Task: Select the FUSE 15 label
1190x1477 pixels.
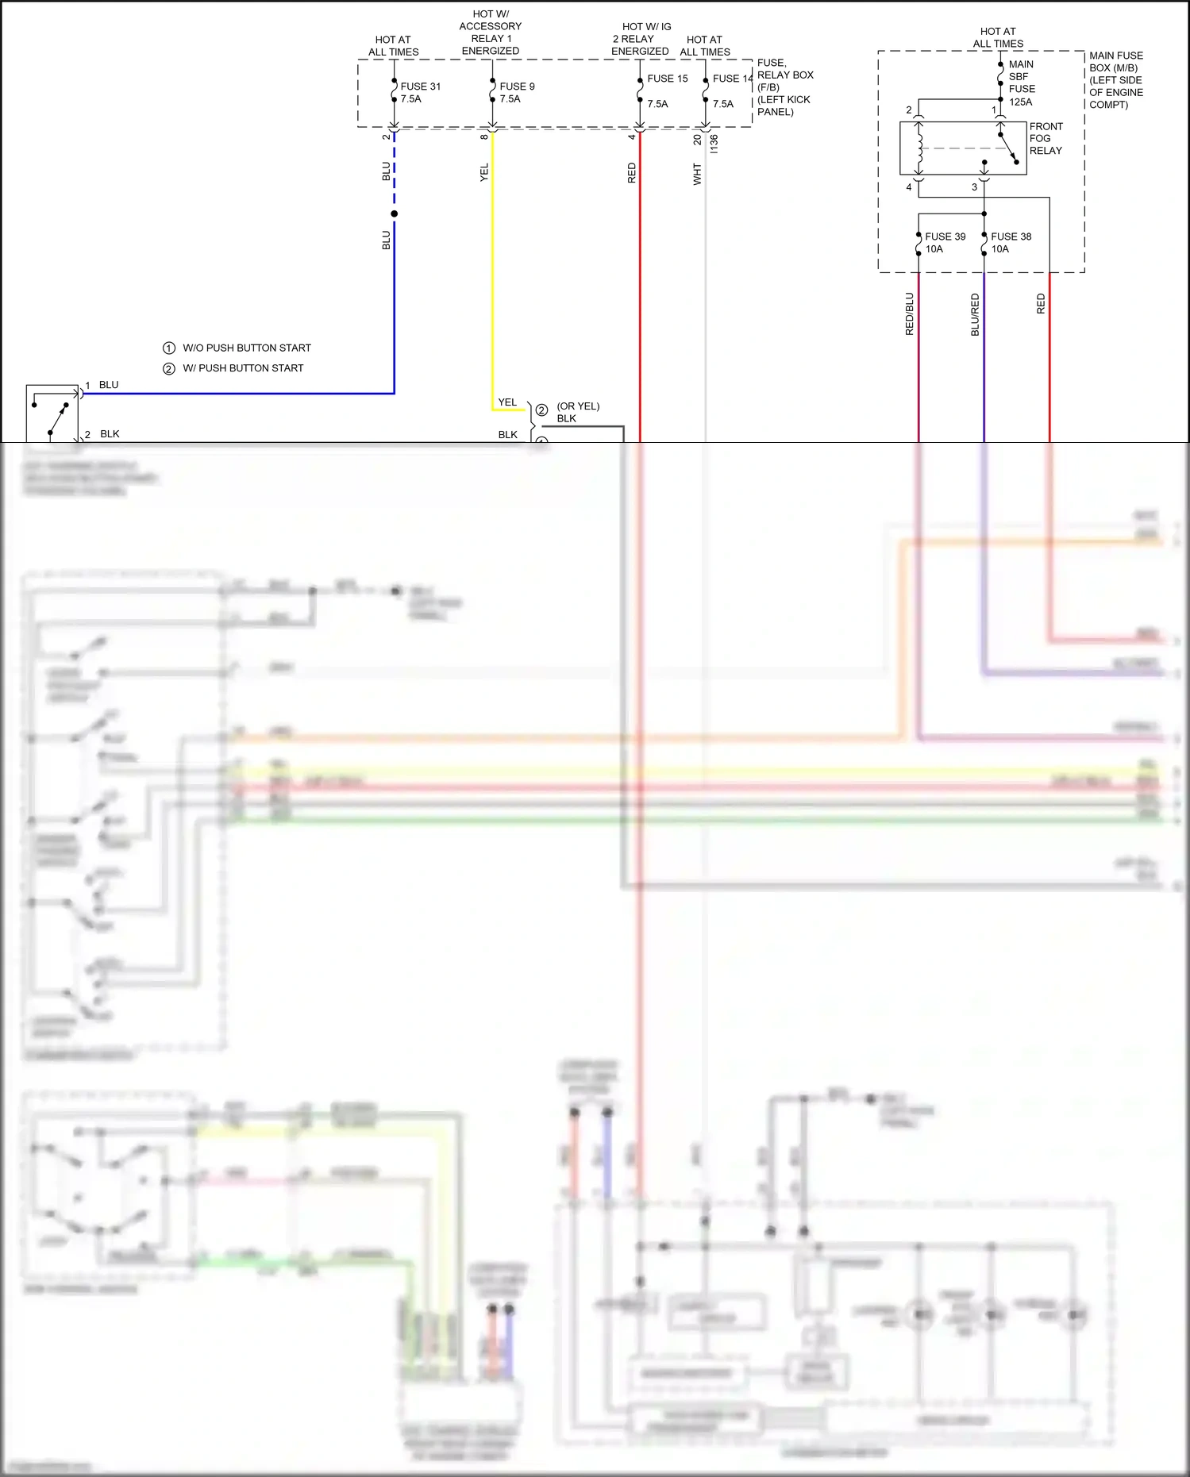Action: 667,79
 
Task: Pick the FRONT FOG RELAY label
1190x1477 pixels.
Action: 1046,138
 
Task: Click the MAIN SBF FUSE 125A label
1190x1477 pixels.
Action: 1022,83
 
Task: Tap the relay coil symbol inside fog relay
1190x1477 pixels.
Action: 919,148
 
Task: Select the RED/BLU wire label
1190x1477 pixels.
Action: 910,313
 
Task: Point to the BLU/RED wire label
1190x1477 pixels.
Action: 976,314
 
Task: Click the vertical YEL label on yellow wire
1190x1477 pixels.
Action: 484,172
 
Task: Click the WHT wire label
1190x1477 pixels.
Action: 697,174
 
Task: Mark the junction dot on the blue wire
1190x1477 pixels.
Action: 394,213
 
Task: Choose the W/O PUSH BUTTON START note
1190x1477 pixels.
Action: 246,348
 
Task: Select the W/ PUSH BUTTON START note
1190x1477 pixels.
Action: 242,368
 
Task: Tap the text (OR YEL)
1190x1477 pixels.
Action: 578,406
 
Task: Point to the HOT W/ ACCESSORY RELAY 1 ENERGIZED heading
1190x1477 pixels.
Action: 491,33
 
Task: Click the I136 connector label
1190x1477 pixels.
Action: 714,144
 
